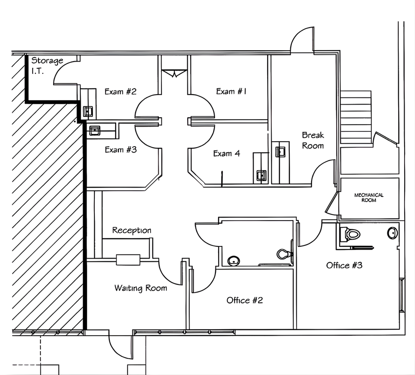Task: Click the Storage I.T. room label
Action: click(x=47, y=66)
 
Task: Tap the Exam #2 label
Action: click(x=121, y=91)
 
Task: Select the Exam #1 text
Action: click(x=231, y=91)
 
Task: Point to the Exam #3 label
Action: click(x=121, y=149)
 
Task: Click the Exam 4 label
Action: click(x=227, y=153)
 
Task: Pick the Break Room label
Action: click(x=313, y=140)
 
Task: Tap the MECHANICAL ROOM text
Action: click(x=369, y=197)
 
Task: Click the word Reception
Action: click(x=132, y=230)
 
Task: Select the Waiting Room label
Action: click(x=141, y=288)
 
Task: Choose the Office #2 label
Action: click(x=244, y=300)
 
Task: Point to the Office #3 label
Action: click(x=344, y=265)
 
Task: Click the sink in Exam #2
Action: click(x=88, y=111)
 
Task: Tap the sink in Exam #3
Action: click(x=95, y=130)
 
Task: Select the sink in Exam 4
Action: click(x=261, y=175)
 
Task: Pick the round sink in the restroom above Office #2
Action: click(x=234, y=261)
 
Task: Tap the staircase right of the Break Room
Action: click(x=356, y=117)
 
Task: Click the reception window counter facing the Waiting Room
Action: click(x=128, y=260)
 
